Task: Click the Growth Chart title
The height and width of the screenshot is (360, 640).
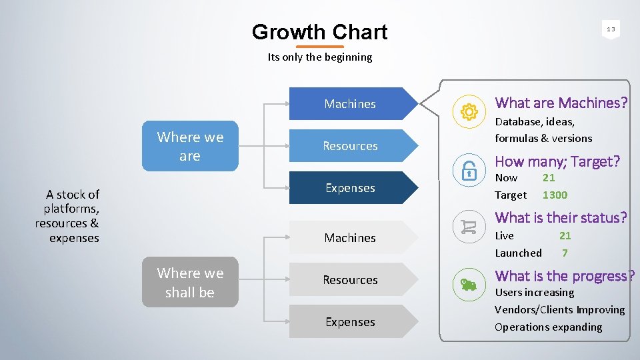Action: click(319, 32)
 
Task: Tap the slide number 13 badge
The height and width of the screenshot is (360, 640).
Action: click(611, 29)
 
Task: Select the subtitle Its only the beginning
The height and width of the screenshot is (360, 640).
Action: click(320, 57)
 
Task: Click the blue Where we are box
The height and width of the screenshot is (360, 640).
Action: click(190, 146)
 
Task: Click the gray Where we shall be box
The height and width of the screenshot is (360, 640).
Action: click(190, 282)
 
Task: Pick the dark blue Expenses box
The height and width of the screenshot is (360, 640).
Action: click(351, 188)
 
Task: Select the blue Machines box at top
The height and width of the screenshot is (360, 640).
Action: click(351, 104)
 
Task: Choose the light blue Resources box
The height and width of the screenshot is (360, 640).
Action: click(351, 146)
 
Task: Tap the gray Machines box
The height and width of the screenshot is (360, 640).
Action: click(351, 238)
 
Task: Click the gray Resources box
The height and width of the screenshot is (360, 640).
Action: click(351, 280)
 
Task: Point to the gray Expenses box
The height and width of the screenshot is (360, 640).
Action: click(351, 322)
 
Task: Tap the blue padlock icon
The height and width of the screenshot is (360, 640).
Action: click(469, 171)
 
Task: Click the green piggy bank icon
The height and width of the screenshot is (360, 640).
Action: click(469, 285)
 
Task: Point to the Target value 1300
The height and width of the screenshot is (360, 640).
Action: click(555, 195)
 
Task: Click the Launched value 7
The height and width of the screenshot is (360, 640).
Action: click(565, 253)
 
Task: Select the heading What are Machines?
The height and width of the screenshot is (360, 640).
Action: click(561, 103)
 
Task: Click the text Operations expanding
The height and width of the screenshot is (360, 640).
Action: click(548, 327)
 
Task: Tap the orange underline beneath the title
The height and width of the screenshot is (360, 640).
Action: click(319, 47)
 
